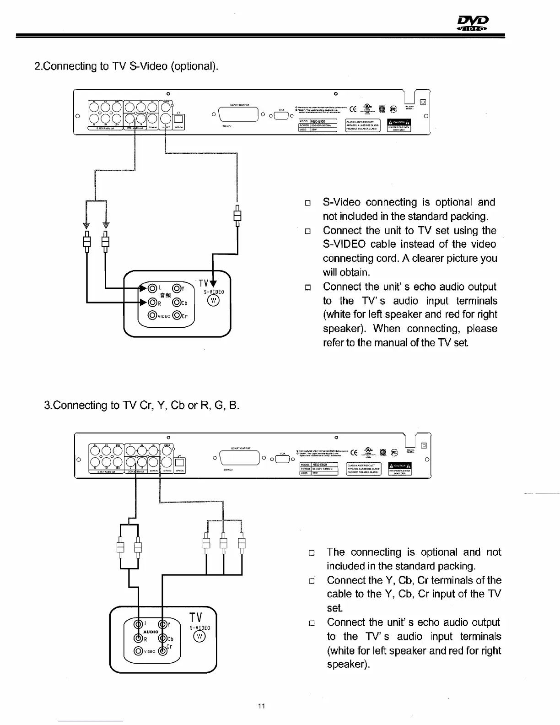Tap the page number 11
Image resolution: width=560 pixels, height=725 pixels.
click(x=261, y=705)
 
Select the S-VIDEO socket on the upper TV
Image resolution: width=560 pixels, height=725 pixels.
click(x=214, y=301)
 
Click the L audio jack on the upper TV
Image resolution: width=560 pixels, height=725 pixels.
click(x=151, y=288)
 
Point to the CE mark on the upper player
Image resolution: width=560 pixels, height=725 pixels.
click(x=353, y=109)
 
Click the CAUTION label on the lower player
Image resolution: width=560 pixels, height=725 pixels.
click(x=399, y=466)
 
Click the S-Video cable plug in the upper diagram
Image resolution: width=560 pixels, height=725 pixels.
click(x=237, y=215)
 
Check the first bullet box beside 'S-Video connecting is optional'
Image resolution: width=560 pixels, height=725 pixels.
click(x=308, y=203)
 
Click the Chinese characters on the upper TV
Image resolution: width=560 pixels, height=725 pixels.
click(x=165, y=295)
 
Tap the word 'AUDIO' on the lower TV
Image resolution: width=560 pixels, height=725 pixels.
click(x=151, y=632)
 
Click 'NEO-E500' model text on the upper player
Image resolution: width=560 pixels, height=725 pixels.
click(x=318, y=121)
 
